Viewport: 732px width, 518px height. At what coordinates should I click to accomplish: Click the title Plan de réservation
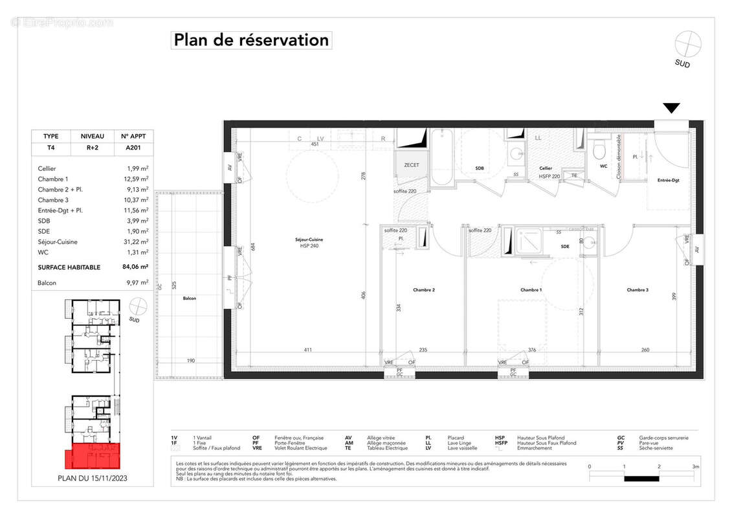click(x=251, y=40)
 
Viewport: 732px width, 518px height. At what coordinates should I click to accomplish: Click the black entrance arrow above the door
click(x=672, y=108)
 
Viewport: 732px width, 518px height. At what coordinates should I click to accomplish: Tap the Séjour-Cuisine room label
click(x=309, y=241)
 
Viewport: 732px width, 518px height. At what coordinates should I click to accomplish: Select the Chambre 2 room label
click(x=424, y=290)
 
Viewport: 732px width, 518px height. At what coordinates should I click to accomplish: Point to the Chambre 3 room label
click(x=637, y=290)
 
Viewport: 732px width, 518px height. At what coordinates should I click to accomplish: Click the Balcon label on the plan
click(x=189, y=298)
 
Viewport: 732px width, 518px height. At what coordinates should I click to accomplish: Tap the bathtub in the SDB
click(x=445, y=157)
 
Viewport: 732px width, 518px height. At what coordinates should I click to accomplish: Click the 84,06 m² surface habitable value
click(x=135, y=267)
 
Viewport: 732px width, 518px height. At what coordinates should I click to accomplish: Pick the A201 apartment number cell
click(x=133, y=148)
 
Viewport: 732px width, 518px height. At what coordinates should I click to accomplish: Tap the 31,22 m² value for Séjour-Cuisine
click(x=137, y=242)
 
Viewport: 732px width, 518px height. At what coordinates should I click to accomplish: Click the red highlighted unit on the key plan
click(x=93, y=456)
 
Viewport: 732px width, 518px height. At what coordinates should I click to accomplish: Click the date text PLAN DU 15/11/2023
click(x=93, y=480)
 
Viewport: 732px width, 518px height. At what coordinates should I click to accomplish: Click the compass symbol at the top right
click(x=687, y=45)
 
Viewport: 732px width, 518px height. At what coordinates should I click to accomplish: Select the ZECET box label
click(x=412, y=165)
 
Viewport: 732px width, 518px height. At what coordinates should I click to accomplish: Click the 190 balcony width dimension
click(x=191, y=361)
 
